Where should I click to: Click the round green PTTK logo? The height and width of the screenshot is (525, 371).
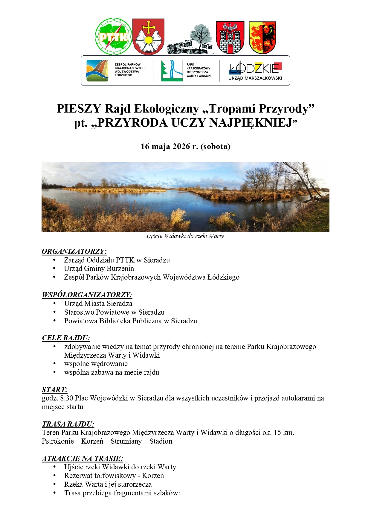tap(114, 37)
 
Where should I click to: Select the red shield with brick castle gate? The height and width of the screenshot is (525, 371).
tap(230, 37)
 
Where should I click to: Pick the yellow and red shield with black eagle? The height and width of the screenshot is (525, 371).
tap(262, 37)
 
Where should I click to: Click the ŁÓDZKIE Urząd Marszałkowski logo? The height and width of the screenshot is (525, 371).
tap(255, 71)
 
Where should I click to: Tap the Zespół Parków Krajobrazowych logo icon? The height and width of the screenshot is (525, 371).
tap(98, 71)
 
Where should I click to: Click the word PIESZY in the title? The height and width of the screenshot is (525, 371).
tap(79, 109)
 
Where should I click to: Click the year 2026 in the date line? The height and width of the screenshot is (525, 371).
tap(181, 146)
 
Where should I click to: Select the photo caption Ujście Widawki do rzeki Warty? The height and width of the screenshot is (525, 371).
tap(185, 236)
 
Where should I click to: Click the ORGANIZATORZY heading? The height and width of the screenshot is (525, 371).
tap(74, 251)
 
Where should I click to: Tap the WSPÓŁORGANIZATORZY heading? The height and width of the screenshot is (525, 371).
tap(87, 295)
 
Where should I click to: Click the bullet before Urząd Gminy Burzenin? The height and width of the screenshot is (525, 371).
tap(54, 268)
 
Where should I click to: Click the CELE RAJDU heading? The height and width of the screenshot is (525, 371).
tap(66, 338)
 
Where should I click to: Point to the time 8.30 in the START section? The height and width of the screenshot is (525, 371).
tap(67, 398)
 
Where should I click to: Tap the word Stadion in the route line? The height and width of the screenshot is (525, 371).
tap(161, 441)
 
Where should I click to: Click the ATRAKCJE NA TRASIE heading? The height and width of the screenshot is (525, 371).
tap(83, 459)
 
